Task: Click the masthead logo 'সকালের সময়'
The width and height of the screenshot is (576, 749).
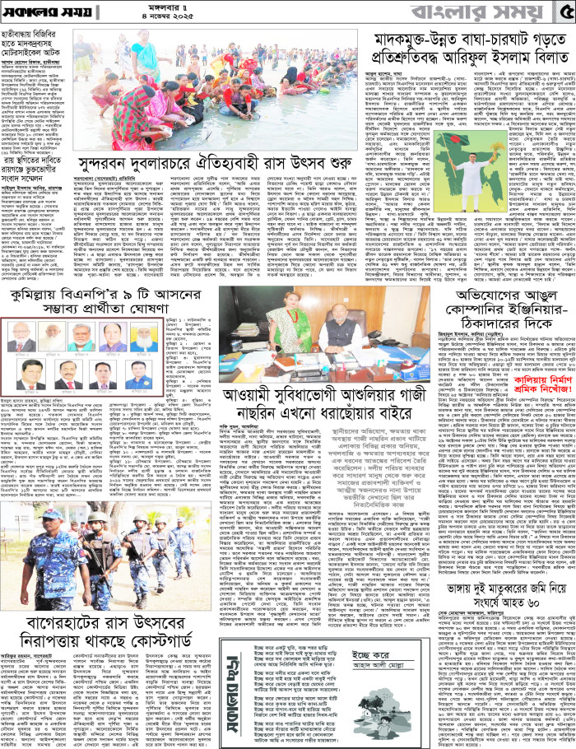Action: coord(45,16)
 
